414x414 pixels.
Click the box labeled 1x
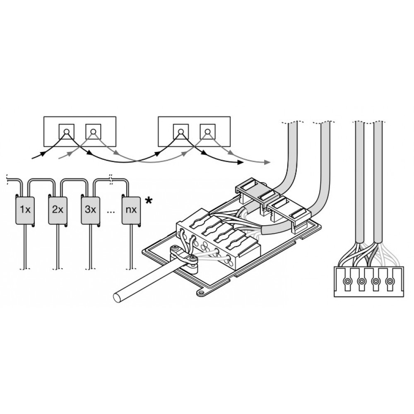point(25,210)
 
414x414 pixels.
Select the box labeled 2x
point(58,210)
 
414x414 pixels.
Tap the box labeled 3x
point(91,210)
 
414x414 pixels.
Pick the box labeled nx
point(131,210)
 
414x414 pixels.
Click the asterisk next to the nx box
point(149,201)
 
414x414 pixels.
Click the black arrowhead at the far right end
point(240,162)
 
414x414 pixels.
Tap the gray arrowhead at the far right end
point(267,162)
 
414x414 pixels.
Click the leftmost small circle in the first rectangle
point(67,131)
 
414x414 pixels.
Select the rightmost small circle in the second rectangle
point(208,131)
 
